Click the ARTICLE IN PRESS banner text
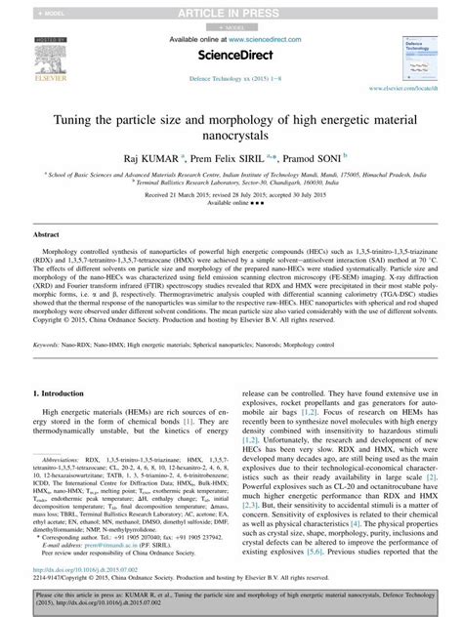tap(231, 12)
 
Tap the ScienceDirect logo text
tap(230, 56)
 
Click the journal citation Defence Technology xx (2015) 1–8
tap(231, 76)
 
